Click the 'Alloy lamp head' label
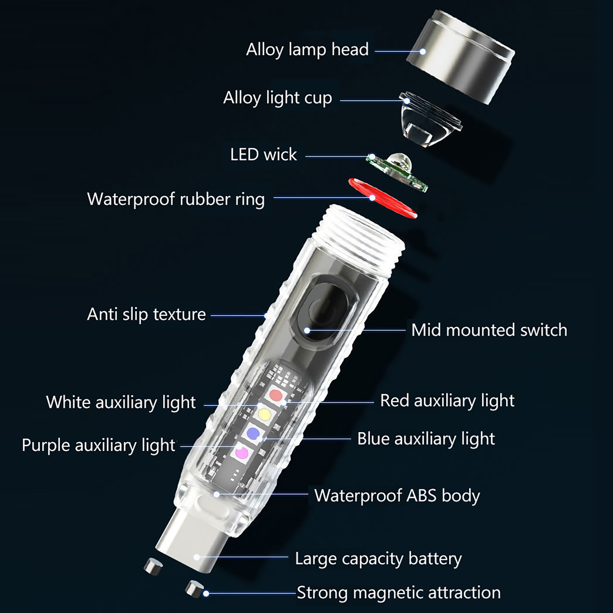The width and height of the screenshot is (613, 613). tap(307, 49)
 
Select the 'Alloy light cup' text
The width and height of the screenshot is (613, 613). tap(278, 98)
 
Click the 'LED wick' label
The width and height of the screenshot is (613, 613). tap(264, 154)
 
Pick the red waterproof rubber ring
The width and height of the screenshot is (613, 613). tap(382, 198)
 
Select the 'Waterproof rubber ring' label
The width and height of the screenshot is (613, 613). tap(176, 199)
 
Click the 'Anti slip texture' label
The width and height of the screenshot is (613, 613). tap(146, 314)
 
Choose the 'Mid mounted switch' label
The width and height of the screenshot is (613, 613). tap(489, 330)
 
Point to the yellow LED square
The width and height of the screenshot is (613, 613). tap(264, 414)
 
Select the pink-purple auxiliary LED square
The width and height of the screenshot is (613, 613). tap(242, 452)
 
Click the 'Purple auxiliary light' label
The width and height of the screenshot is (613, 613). tap(98, 445)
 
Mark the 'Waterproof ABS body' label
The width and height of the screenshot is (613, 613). tap(397, 495)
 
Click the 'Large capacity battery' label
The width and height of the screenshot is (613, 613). tap(379, 559)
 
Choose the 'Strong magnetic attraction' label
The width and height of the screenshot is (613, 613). tap(399, 592)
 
